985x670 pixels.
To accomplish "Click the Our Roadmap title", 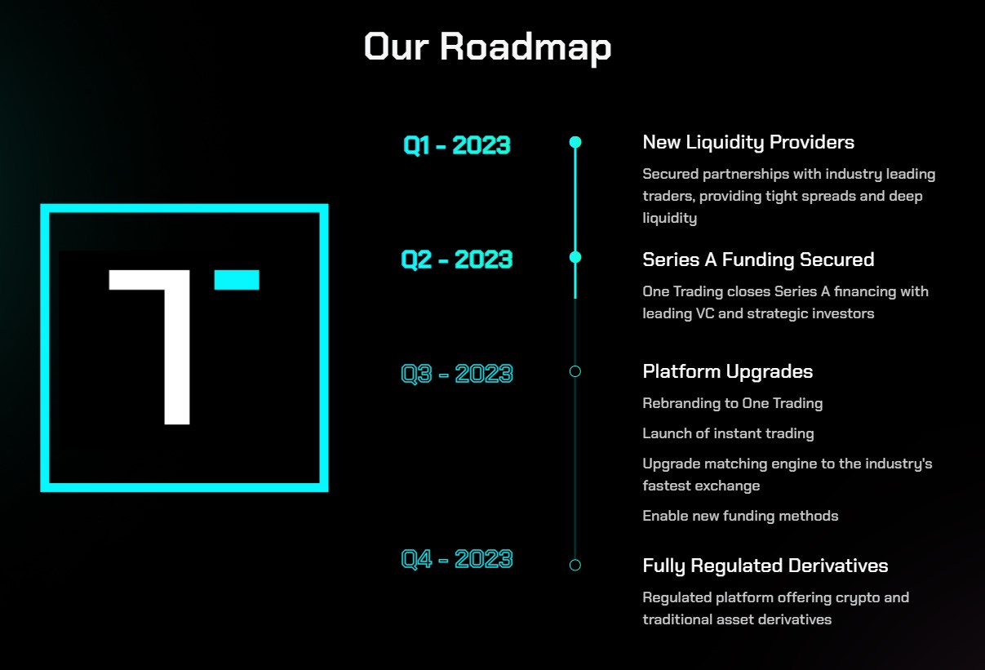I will pos(487,47).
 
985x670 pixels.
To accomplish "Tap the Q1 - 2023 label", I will pos(457,145).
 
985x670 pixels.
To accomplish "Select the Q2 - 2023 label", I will pos(457,260).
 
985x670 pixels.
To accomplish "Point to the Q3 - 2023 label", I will pos(457,374).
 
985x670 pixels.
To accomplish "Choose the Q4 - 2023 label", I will pos(457,559).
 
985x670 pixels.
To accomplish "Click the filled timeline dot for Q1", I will pos(575,142).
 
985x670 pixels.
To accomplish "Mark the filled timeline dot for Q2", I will pos(575,257).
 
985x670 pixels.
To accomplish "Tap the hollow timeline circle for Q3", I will pos(575,371).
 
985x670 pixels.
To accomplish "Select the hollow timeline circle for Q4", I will pos(575,565).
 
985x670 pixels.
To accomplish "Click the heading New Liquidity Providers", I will pos(748,142).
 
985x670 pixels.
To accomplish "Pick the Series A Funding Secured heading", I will pos(758,260).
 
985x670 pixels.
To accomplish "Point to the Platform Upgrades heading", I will pos(727,371).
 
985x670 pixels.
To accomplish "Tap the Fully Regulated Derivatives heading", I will pos(765,566).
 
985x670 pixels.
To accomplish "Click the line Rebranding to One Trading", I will pos(732,403).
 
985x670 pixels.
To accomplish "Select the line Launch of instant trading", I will pos(728,433).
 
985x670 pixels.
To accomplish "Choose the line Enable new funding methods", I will pos(740,516).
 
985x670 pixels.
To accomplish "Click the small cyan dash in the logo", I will pos(237,280).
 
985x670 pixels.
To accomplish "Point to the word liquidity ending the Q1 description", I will pos(669,219).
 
